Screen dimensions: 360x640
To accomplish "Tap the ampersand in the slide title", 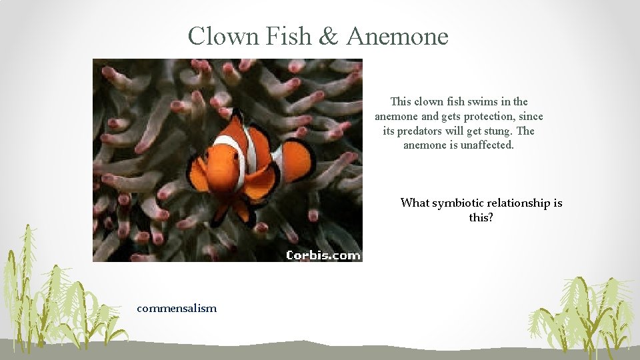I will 329,36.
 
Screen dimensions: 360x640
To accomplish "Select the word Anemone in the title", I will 397,36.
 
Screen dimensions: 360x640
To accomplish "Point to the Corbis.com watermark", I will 323,255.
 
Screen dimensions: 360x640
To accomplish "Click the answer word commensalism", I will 177,308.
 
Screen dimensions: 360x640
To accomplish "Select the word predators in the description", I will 419,131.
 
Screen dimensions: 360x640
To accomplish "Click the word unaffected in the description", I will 487,145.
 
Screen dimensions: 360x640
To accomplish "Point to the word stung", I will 498,131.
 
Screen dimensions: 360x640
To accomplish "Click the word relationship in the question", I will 519,203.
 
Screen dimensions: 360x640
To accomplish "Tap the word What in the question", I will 415,203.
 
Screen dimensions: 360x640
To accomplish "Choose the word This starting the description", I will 401,101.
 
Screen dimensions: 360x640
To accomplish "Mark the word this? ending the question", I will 481,217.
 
